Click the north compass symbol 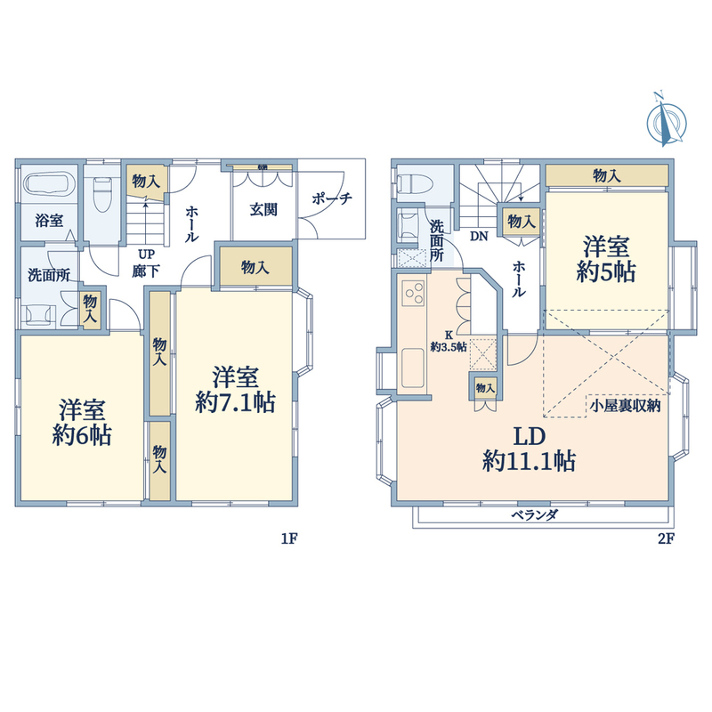click(x=666, y=120)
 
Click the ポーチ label click(x=332, y=198)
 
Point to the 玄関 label click(x=263, y=209)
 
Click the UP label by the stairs click(x=146, y=254)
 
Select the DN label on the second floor click(x=479, y=236)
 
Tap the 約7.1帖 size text click(x=235, y=402)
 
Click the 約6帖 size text click(x=82, y=435)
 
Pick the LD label click(x=529, y=436)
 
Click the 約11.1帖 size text click(x=529, y=461)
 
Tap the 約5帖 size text click(x=606, y=271)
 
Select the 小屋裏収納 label click(x=626, y=406)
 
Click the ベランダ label click(x=535, y=515)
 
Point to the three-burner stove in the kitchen click(x=413, y=294)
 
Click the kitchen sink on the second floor click(x=413, y=368)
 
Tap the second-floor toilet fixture click(x=414, y=184)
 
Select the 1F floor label click(x=288, y=538)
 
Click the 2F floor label click(x=666, y=538)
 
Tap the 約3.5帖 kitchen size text click(x=449, y=347)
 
